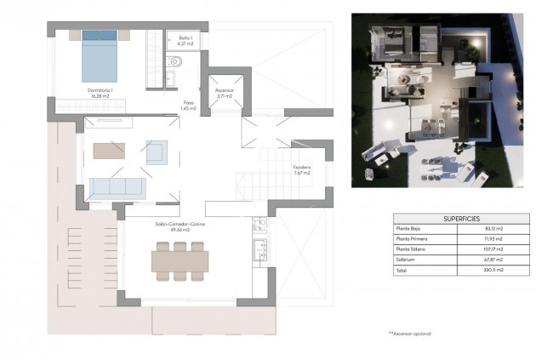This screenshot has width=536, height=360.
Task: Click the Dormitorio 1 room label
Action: pos(100,91)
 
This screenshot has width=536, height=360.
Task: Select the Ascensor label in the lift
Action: pos(224,91)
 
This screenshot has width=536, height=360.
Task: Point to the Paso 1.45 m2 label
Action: pos(188,106)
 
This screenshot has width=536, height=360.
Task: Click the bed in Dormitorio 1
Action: pos(99,51)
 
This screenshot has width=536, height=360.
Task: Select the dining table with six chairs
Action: pos(180,260)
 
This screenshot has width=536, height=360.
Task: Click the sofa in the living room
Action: pos(117,187)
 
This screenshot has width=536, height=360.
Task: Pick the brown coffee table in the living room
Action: pos(110,151)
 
